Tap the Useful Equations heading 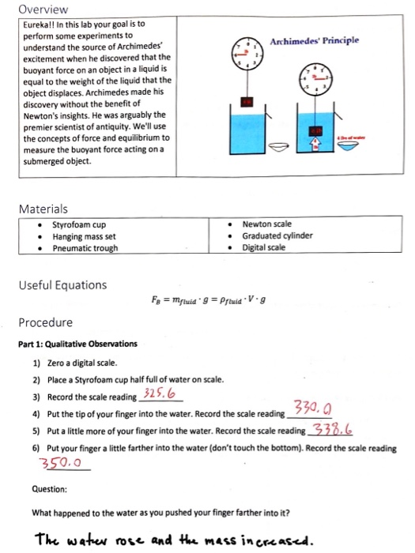click(x=62, y=284)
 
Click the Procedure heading click(x=46, y=322)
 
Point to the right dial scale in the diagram click(x=315, y=79)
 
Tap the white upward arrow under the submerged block click(x=316, y=142)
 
